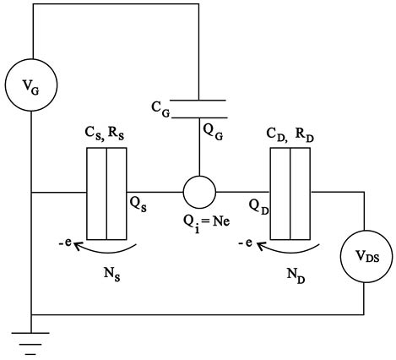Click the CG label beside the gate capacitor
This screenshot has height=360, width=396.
pyautogui.click(x=160, y=109)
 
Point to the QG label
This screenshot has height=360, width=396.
pyautogui.click(x=213, y=132)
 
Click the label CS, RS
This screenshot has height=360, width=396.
pyautogui.click(x=105, y=134)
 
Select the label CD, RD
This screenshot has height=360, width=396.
pyautogui.click(x=290, y=135)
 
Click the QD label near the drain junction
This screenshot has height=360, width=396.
pyautogui.click(x=259, y=207)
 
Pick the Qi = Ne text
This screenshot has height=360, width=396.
pyautogui.click(x=207, y=224)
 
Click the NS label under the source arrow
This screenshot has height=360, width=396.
pyautogui.click(x=112, y=274)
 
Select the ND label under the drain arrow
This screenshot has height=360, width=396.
pyautogui.click(x=296, y=276)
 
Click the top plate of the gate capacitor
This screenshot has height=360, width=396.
pyautogui.click(x=198, y=100)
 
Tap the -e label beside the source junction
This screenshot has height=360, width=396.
pyautogui.click(x=66, y=243)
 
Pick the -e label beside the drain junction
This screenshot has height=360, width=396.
pyautogui.click(x=246, y=243)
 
